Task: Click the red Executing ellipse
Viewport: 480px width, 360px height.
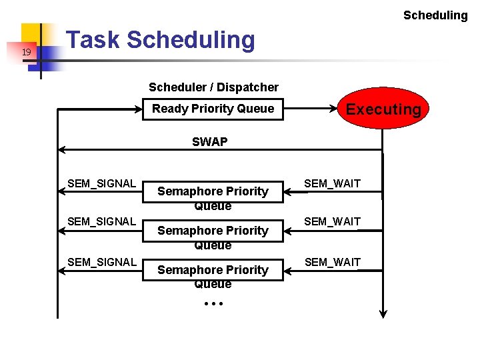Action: pos(383,109)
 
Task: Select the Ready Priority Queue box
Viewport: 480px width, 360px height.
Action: pos(213,109)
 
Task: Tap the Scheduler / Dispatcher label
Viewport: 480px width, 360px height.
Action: pos(213,87)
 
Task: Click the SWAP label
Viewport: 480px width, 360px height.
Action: pos(209,142)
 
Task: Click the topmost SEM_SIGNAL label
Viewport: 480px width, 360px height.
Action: pos(101,183)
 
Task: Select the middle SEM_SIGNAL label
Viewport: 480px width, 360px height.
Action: pos(101,221)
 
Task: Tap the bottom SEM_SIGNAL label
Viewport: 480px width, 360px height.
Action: pos(101,262)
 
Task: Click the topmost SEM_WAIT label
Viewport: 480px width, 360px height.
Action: pos(332,183)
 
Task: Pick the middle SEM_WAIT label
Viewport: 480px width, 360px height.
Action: pos(332,221)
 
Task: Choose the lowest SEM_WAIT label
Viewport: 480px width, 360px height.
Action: pos(332,262)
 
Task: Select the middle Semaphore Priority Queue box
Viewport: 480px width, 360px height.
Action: pos(213,233)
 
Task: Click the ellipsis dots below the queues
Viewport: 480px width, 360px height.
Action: pos(213,303)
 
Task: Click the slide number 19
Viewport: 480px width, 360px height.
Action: pos(26,52)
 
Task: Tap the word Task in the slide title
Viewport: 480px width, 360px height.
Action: pos(94,40)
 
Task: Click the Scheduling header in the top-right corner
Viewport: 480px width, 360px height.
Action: pos(435,15)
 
